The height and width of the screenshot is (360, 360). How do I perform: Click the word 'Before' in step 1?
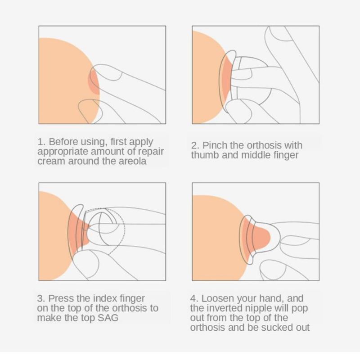click(63, 142)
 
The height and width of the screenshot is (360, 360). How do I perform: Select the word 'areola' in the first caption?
click(132, 161)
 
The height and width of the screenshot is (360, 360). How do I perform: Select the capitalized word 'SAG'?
click(108, 318)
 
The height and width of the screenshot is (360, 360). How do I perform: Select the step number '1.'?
click(41, 142)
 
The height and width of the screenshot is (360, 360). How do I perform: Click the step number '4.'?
click(194, 298)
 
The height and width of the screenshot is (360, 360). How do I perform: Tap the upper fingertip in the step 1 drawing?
click(108, 72)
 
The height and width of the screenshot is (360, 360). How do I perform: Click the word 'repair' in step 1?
click(151, 152)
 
